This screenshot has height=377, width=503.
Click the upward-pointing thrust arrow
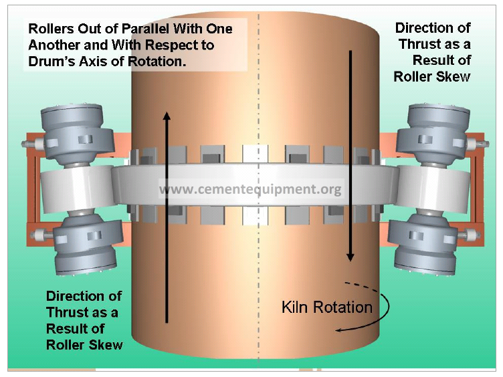pyautogui.click(x=167, y=214)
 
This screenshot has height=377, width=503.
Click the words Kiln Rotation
pyautogui.click(x=326, y=307)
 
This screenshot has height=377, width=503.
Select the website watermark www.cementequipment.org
pyautogui.click(x=250, y=189)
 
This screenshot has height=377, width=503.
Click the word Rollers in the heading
pyautogui.click(x=50, y=29)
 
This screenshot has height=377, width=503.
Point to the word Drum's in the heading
pyautogui.click(x=47, y=61)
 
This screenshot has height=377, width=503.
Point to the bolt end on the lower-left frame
pyautogui.click(x=35, y=235)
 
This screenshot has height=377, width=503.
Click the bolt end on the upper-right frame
pyautogui.click(x=479, y=142)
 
